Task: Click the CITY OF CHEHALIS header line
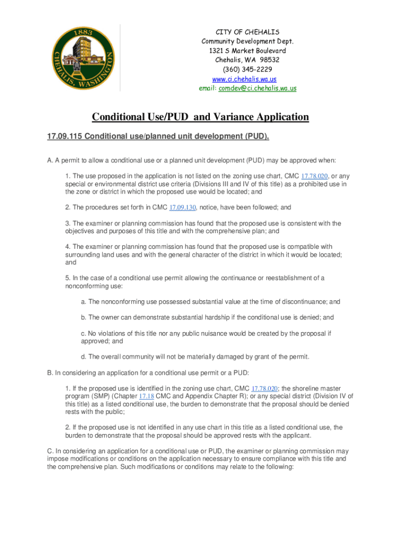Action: (244, 32)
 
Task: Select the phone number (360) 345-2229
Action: (244, 70)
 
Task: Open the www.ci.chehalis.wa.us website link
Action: (244, 79)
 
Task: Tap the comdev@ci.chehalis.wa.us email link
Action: (257, 88)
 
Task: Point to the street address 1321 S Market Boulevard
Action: (244, 51)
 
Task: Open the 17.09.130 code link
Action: (182, 208)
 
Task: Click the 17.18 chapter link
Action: (146, 397)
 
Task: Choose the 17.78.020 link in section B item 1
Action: (265, 389)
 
